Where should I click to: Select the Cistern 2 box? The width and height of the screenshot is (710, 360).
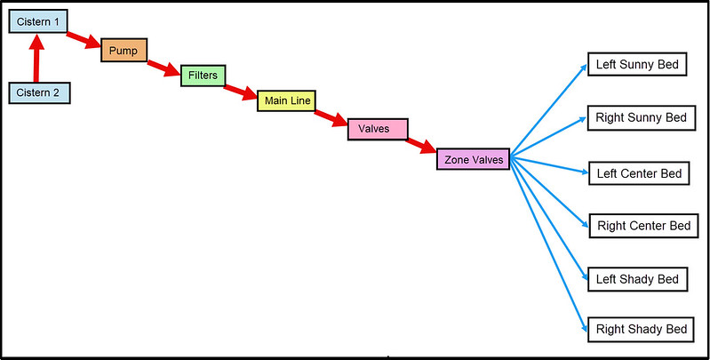[x=39, y=92]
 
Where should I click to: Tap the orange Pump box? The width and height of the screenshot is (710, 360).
[x=124, y=50]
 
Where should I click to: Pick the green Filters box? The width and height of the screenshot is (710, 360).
[x=203, y=76]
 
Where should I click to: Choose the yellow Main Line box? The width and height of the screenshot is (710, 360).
[x=286, y=100]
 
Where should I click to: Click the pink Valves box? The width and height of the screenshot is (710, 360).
[x=378, y=129]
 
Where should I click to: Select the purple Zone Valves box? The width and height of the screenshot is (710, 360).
[x=473, y=159]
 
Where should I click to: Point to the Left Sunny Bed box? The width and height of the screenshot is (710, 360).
[x=637, y=65]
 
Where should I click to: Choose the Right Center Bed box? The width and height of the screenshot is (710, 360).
[x=643, y=226]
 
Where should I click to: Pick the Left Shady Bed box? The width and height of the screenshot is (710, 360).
[x=637, y=279]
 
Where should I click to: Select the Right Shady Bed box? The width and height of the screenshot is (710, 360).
[x=640, y=329]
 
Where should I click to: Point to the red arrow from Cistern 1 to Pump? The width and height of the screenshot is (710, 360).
[x=84, y=40]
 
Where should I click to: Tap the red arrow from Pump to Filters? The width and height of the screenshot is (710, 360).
[x=164, y=67]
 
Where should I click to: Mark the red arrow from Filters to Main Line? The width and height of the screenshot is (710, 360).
[x=240, y=92]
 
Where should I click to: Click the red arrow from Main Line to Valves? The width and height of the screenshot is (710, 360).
[x=330, y=118]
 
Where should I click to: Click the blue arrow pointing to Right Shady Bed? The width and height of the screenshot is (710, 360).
[x=551, y=249]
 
